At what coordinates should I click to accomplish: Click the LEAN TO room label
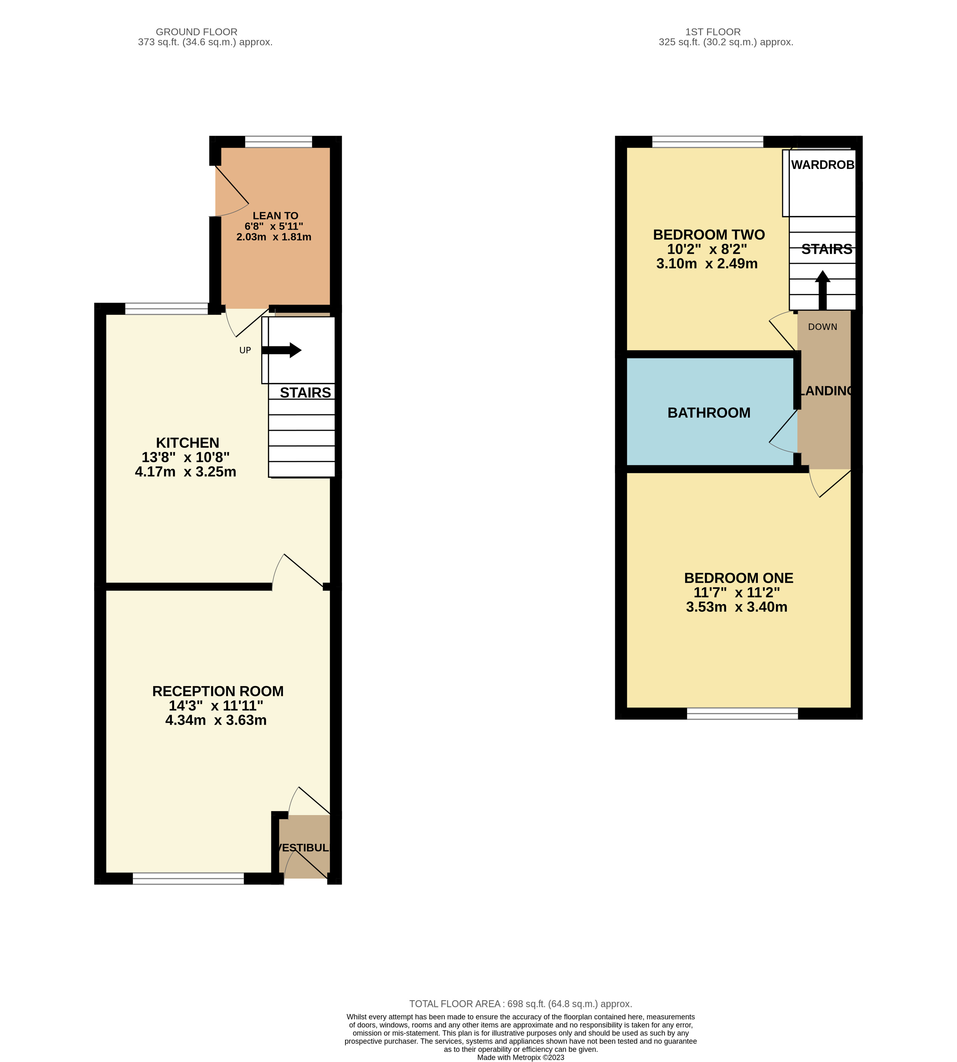(x=275, y=216)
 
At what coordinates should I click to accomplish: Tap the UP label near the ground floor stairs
(x=245, y=350)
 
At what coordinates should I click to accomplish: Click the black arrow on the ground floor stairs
(x=282, y=350)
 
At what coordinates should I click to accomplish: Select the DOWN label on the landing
(x=822, y=327)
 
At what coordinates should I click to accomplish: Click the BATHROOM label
(x=709, y=413)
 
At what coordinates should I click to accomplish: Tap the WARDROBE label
(x=822, y=165)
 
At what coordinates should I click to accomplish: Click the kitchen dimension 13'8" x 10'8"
(x=185, y=457)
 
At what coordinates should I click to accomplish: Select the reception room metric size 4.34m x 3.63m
(x=215, y=720)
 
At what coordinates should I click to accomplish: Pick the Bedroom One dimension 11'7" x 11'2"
(x=736, y=593)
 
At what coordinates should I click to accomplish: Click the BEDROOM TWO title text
(x=709, y=235)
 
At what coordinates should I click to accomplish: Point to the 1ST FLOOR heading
(x=713, y=32)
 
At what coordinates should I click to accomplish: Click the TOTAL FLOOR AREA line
(x=520, y=1004)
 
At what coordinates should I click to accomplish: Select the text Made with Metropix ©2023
(x=520, y=1057)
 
